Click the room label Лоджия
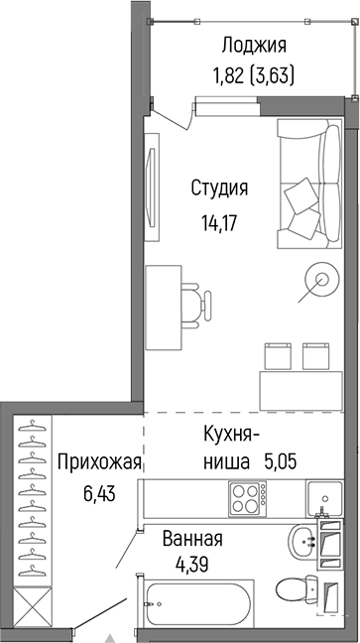pos(254,45)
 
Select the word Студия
pos(219,188)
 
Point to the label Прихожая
pos(100,462)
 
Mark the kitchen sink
pos(325,497)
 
